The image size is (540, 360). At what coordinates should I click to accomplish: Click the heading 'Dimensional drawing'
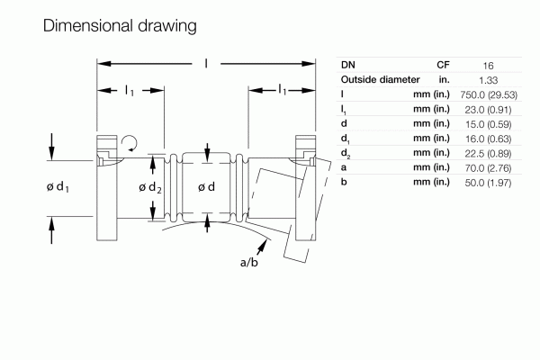tap(119, 26)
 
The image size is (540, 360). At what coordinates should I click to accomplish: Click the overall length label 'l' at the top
tap(207, 64)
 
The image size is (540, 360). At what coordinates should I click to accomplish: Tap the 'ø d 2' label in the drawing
tap(149, 187)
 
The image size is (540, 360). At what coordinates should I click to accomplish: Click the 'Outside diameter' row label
tap(382, 79)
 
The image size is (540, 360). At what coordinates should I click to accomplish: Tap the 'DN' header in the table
tap(347, 65)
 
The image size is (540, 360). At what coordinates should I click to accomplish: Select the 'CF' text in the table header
tap(443, 65)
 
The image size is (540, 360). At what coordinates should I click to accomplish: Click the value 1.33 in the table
tap(487, 79)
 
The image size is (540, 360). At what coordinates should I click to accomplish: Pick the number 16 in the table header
tap(487, 65)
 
